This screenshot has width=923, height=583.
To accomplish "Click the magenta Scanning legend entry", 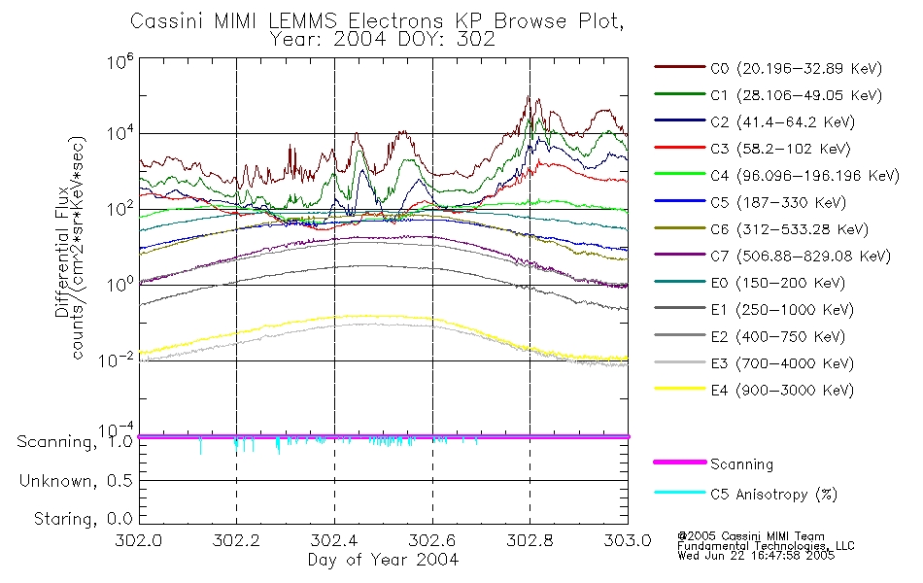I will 741,464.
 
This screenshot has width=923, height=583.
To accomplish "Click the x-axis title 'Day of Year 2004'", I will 383,560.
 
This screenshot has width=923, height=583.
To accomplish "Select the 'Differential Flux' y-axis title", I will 61,253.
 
